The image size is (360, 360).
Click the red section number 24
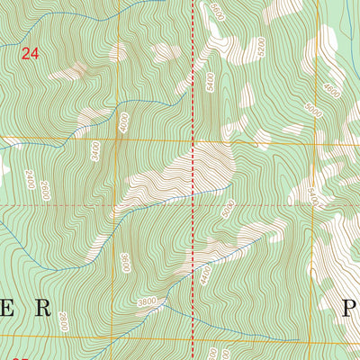(x=30, y=54)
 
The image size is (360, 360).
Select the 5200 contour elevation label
(x=286, y=44)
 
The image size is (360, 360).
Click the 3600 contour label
(x=124, y=262)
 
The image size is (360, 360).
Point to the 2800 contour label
(x=62, y=320)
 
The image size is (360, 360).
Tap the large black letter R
(x=42, y=309)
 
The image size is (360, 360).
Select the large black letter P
(x=351, y=309)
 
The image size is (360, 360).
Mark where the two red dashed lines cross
(x=194, y=205)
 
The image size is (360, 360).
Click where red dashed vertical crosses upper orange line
(x=194, y=140)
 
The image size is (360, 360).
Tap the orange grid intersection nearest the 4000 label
(x=116, y=139)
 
